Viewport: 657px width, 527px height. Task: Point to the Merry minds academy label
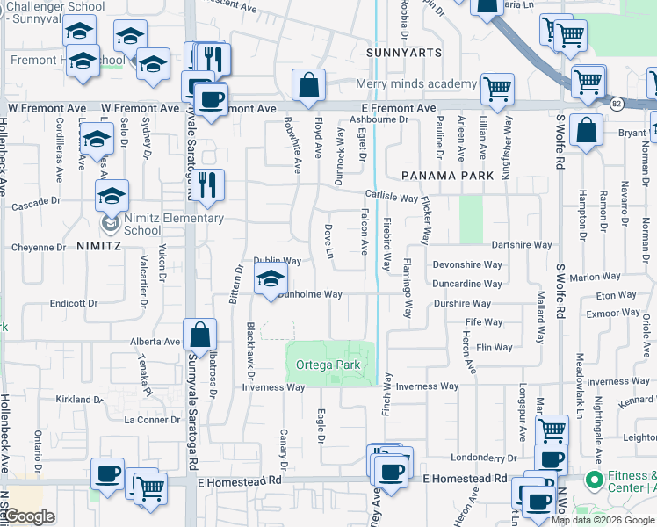pos(416,84)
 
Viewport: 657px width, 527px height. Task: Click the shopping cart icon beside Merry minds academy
pos(497,88)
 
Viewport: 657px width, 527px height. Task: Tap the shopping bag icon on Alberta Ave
pos(200,334)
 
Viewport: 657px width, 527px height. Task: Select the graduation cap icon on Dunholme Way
pos(271,281)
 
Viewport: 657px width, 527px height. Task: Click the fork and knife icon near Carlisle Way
pos(207,184)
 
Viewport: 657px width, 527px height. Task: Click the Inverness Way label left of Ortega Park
pos(261,387)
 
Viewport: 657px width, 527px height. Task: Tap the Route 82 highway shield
pos(616,103)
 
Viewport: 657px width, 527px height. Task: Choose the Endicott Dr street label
pos(75,302)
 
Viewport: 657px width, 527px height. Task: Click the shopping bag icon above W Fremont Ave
pos(308,86)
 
